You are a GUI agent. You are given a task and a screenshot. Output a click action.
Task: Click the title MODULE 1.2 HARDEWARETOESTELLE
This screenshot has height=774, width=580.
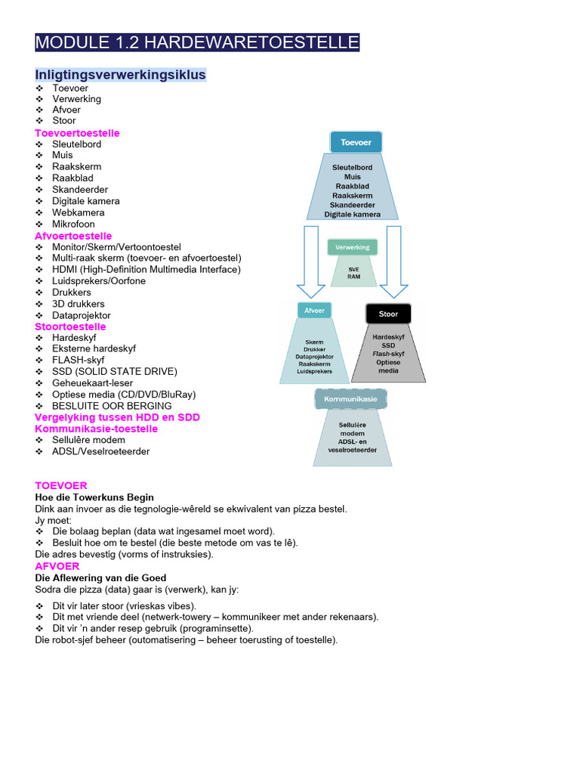pos(197,42)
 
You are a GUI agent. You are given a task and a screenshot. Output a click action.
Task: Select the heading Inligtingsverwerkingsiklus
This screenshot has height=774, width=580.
pos(121,75)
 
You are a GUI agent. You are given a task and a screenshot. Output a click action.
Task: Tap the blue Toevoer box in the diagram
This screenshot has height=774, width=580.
pos(356,141)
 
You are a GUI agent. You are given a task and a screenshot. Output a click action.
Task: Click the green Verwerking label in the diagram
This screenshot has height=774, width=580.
pos(352,247)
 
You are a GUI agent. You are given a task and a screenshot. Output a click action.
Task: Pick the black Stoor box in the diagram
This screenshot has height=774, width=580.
pos(388,313)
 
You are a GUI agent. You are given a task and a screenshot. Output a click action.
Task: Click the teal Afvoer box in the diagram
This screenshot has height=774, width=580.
pos(314,311)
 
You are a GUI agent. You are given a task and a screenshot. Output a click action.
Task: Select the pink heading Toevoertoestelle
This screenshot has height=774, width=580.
pos(77,133)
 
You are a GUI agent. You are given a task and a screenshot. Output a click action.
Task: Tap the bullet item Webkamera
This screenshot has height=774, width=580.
pos(78,212)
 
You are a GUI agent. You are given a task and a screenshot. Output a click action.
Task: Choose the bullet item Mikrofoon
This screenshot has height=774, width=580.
pos(73,224)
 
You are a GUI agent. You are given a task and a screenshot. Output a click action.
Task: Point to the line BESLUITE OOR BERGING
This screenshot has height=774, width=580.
pos(113,406)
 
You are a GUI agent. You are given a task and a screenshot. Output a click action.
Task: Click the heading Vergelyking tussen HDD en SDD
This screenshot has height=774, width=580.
pos(117,417)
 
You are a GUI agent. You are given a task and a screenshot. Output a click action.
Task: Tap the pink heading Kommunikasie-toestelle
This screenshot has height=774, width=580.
pos(96,429)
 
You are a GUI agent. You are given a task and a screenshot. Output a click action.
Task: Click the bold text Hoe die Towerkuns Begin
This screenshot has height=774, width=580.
pos(94,497)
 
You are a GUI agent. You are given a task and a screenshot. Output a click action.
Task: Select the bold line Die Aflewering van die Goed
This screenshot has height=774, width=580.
pos(100,577)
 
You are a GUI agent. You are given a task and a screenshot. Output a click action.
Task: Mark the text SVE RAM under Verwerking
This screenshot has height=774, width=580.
pos(353,273)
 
